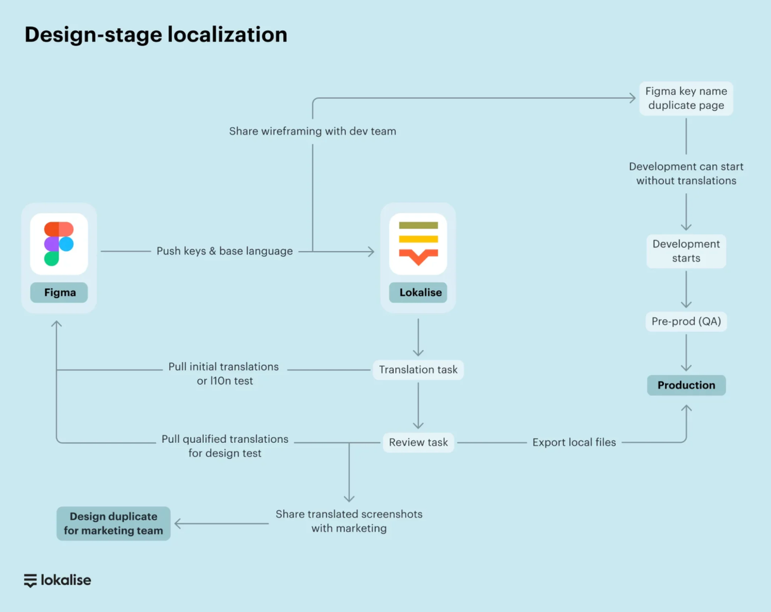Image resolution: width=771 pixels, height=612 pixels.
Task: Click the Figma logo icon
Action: pyautogui.click(x=59, y=244)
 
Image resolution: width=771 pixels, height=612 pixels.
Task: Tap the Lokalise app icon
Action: pyautogui.click(x=418, y=244)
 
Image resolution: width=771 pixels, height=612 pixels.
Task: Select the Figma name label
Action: pyautogui.click(x=59, y=292)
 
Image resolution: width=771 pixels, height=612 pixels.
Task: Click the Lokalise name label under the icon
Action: pyautogui.click(x=419, y=292)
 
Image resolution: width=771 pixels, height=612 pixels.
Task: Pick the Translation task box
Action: pyautogui.click(x=418, y=370)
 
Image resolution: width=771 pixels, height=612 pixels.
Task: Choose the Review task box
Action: pyautogui.click(x=418, y=442)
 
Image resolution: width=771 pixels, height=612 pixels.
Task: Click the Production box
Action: pyautogui.click(x=686, y=385)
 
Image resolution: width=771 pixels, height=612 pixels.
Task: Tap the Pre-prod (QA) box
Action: pyautogui.click(x=686, y=321)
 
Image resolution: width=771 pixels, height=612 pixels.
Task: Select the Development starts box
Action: pyautogui.click(x=686, y=251)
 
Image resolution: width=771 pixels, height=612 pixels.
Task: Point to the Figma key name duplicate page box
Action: pyautogui.click(x=686, y=98)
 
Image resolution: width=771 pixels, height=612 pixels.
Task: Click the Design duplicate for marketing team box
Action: pyautogui.click(x=114, y=523)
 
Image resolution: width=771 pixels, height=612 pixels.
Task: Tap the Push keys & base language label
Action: pyautogui.click(x=224, y=251)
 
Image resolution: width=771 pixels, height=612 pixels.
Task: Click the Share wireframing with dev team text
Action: pyautogui.click(x=312, y=131)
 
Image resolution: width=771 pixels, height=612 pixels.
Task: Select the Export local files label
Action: pyautogui.click(x=574, y=442)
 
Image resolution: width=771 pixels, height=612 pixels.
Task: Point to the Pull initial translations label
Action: pyautogui.click(x=224, y=373)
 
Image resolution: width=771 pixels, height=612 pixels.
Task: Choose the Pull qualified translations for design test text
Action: pyautogui.click(x=225, y=446)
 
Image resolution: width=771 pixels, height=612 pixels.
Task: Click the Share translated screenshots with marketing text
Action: pyautogui.click(x=349, y=521)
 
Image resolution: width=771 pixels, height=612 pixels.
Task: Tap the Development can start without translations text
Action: pyautogui.click(x=686, y=173)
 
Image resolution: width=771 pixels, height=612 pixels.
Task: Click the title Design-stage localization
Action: pyautogui.click(x=156, y=35)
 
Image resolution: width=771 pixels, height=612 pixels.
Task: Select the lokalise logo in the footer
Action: pyautogui.click(x=58, y=580)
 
